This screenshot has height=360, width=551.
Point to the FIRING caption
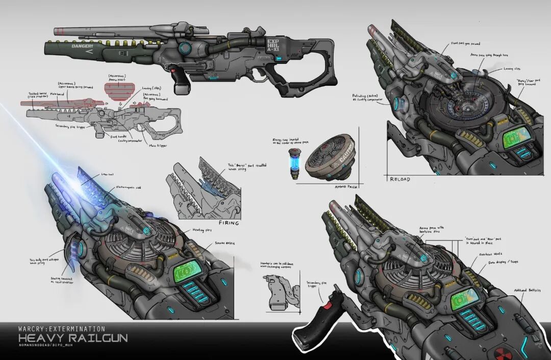[229, 223]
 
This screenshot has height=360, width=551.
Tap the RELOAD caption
[400, 179]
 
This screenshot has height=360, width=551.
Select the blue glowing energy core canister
[294, 163]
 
